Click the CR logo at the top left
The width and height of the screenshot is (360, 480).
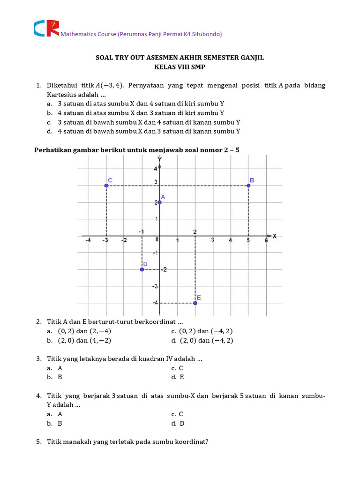[x=46, y=28]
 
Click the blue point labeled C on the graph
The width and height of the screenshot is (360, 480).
[x=106, y=186]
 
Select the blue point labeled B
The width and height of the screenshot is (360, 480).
[x=248, y=186]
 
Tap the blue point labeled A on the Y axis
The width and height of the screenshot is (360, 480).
[x=159, y=202]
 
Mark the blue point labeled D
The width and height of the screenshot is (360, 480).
[x=142, y=269]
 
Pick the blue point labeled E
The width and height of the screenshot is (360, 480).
[x=195, y=303]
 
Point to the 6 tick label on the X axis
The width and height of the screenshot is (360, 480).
[x=266, y=240]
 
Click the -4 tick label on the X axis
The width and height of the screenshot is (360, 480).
[x=88, y=240]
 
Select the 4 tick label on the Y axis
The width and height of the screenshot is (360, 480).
[x=156, y=169]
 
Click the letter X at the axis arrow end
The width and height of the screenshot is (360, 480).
[x=275, y=236]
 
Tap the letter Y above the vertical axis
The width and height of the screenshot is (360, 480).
[x=160, y=159]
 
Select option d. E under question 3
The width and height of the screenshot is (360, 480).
[x=178, y=377]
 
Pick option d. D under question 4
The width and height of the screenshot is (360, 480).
[x=178, y=423]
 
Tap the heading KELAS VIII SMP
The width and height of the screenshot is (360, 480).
[x=180, y=67]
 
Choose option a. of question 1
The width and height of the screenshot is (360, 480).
[x=49, y=103]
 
